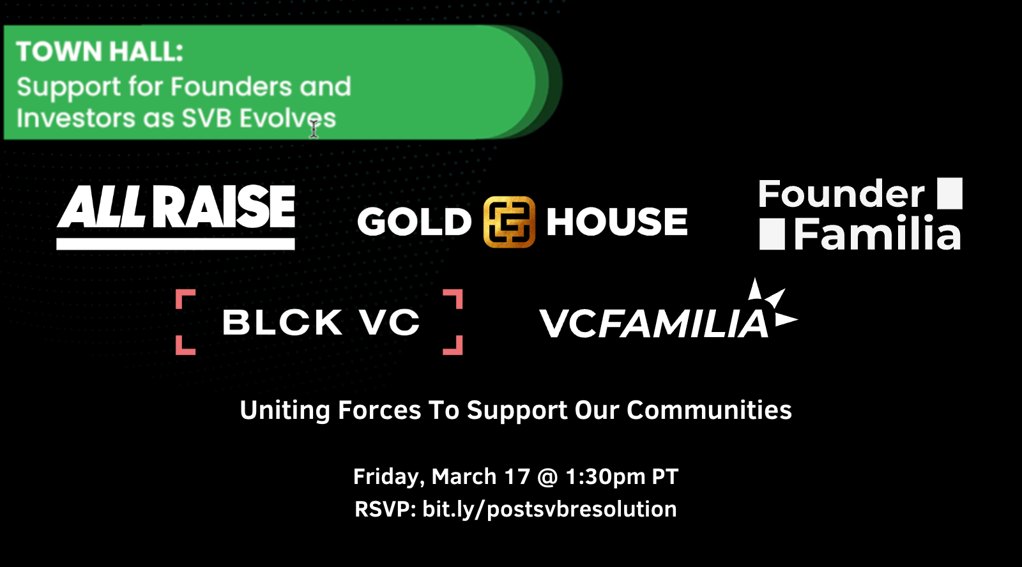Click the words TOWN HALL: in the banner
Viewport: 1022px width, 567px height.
(100, 51)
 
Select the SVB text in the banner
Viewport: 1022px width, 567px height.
(207, 117)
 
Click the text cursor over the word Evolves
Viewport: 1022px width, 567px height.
(314, 128)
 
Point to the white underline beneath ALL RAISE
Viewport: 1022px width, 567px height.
(176, 243)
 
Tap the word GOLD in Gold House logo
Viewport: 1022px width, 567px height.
(415, 222)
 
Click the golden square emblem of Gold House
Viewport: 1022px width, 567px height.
(509, 222)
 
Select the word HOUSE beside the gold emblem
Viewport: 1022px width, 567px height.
(617, 222)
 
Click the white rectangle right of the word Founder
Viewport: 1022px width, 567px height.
(950, 193)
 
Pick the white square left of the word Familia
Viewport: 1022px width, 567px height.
(772, 234)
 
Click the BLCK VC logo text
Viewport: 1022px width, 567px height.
(321, 322)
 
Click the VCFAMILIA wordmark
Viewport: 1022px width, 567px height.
(654, 324)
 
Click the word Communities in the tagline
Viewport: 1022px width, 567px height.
(709, 410)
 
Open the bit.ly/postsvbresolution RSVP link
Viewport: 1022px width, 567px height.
(549, 509)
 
